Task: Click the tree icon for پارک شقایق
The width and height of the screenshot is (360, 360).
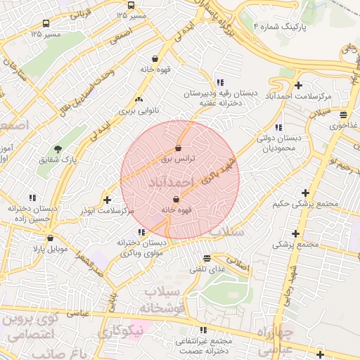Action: (58, 148)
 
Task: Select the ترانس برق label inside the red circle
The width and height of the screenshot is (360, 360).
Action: (176, 159)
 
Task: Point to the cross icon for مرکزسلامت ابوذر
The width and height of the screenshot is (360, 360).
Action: (107, 199)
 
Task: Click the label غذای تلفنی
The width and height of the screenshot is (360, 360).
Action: (206, 269)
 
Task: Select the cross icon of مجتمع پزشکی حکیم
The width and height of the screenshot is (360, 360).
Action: (304, 193)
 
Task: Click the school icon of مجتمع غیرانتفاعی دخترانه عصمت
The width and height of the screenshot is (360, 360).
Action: (203, 329)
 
